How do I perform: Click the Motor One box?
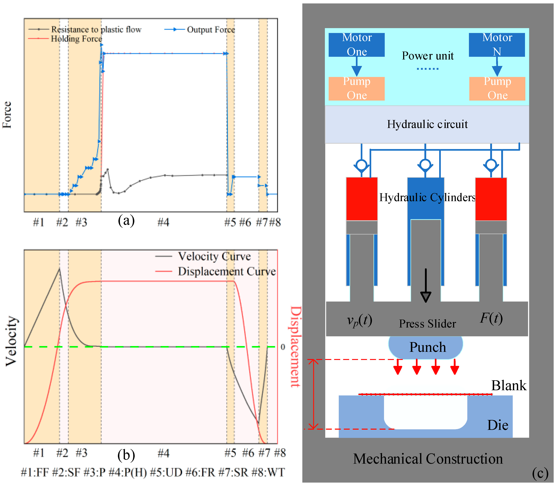pos(356,45)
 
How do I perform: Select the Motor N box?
pos(497,45)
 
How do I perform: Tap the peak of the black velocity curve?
pos(59,269)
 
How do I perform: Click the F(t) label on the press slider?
pos(491,318)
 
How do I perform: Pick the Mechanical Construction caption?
pos(428,459)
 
